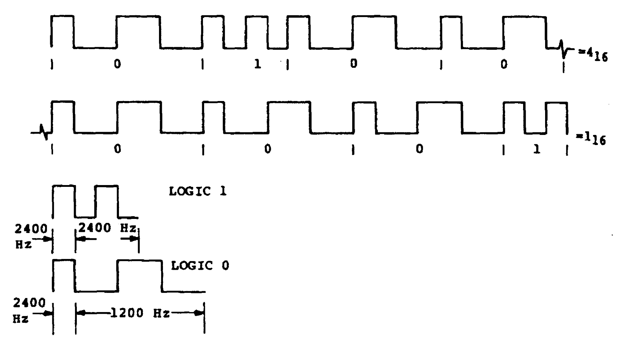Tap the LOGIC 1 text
198,191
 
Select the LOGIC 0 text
200,266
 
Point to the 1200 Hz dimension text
140,313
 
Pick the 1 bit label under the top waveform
257,65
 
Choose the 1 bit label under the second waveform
537,149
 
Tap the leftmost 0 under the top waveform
118,65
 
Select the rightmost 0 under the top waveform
504,65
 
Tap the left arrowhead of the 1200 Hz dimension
81,313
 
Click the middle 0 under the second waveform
268,149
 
